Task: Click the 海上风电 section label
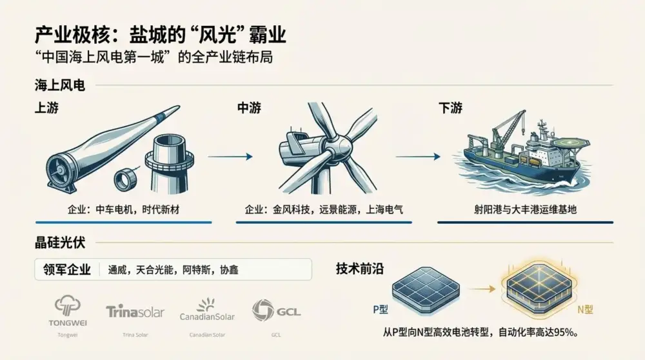click(x=60, y=85)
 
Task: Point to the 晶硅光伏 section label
click(x=60, y=243)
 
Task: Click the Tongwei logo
click(x=67, y=309)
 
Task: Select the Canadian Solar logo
click(x=208, y=310)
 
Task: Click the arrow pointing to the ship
click(x=418, y=156)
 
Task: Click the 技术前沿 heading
click(x=360, y=270)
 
